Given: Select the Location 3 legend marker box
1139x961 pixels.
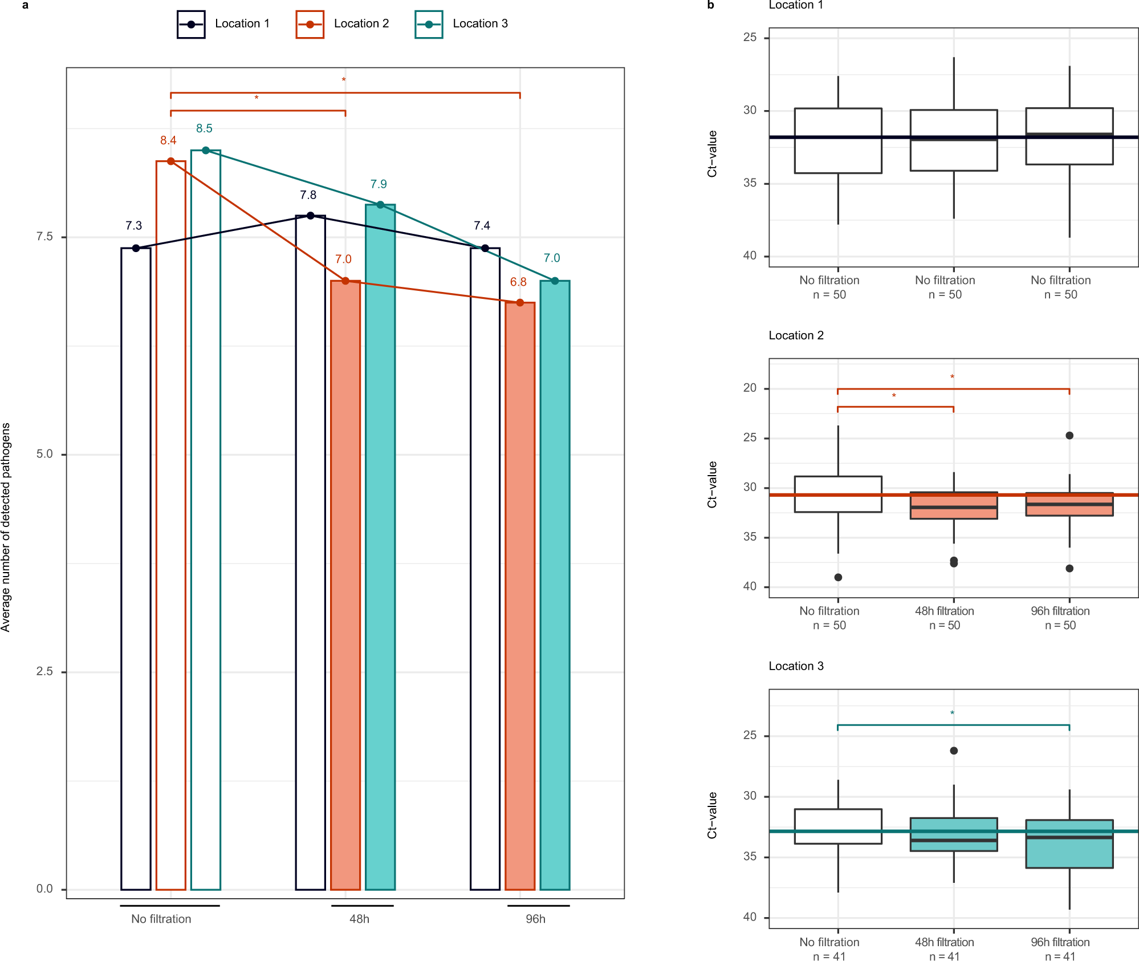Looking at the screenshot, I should coord(429,25).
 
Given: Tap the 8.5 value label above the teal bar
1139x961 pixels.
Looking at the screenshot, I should coord(204,128).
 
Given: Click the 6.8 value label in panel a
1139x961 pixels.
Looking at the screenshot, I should coord(518,282).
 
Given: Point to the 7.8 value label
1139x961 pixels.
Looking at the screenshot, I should coord(308,195).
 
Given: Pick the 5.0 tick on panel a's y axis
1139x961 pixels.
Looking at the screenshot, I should coord(44,454).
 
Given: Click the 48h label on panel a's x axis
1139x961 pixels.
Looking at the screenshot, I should coord(359,919).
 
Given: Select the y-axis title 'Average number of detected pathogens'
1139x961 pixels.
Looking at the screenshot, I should coord(6,527).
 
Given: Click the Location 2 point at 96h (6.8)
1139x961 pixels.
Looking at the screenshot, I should coord(520,302).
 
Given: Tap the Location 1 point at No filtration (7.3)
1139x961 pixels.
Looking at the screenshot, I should coord(136,248).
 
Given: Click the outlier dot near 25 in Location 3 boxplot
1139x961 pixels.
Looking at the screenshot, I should coord(954,751).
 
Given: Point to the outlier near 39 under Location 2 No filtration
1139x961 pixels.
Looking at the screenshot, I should coord(838,577).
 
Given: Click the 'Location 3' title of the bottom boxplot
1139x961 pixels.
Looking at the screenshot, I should coord(796,666).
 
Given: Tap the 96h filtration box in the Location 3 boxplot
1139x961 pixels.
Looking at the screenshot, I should coord(1069,844).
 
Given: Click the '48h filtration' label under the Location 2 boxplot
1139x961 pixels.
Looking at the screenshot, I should coord(945,611).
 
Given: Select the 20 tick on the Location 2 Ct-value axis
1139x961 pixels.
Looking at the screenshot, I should coord(750,388).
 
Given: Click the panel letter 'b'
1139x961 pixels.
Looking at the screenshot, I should coord(710,5).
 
